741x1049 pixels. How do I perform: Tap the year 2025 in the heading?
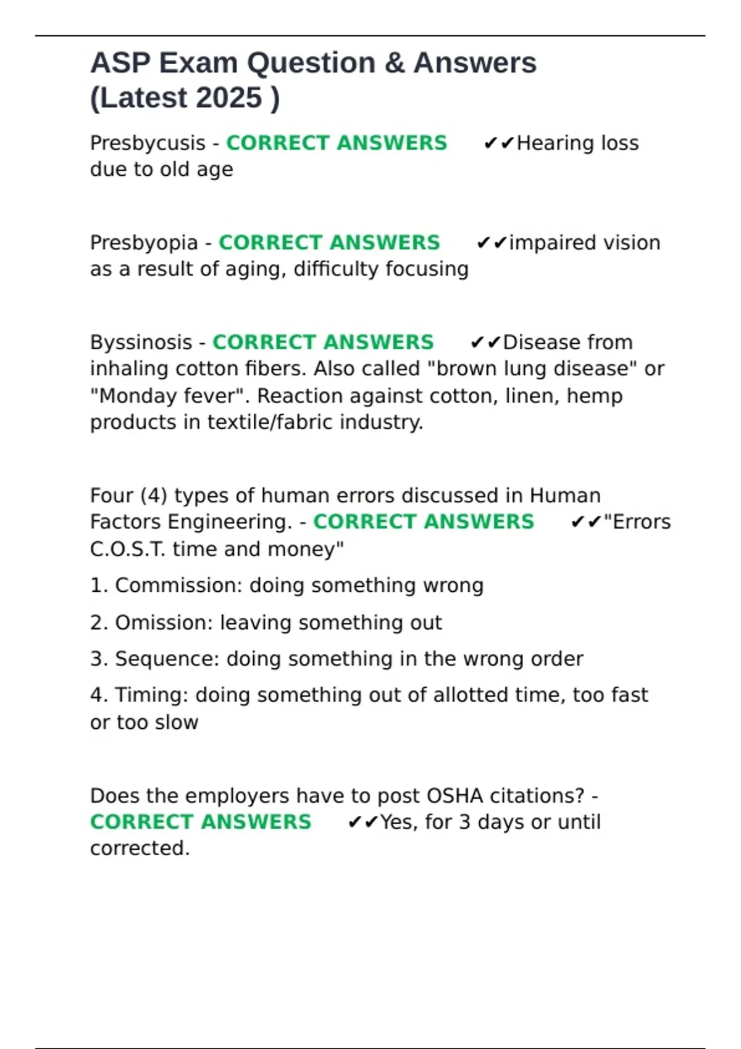coord(230,98)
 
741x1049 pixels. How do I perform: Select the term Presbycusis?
coord(148,143)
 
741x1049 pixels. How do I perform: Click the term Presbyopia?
coord(144,243)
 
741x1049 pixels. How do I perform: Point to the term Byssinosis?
coord(141,342)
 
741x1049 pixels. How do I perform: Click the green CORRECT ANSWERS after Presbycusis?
coord(337,143)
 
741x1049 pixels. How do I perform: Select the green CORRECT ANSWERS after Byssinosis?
coord(323,342)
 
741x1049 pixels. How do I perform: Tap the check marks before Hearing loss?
coord(499,144)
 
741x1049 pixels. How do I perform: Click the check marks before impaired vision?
coord(492,243)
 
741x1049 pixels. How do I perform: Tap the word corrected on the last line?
coord(140,848)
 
